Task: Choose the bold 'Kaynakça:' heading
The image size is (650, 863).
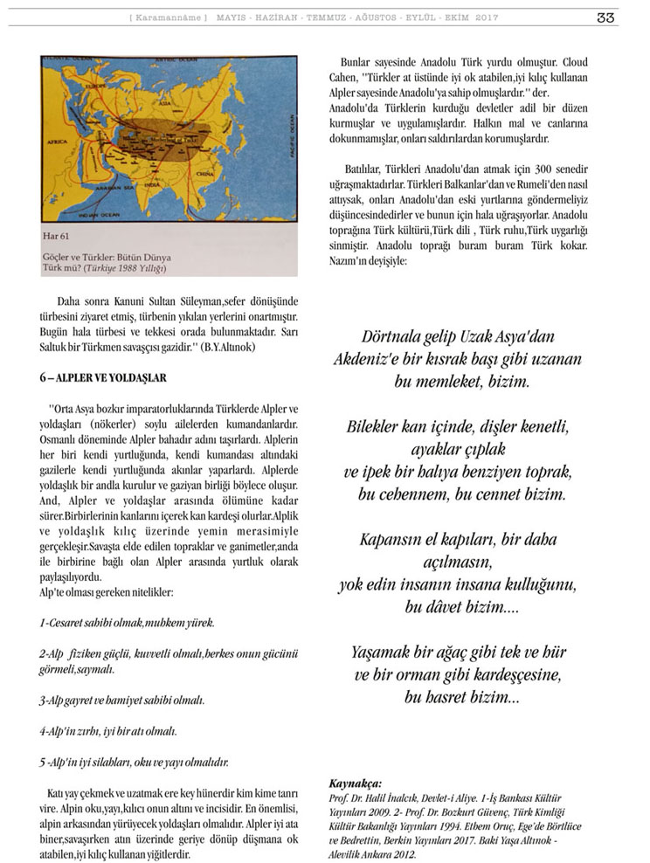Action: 356,784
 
